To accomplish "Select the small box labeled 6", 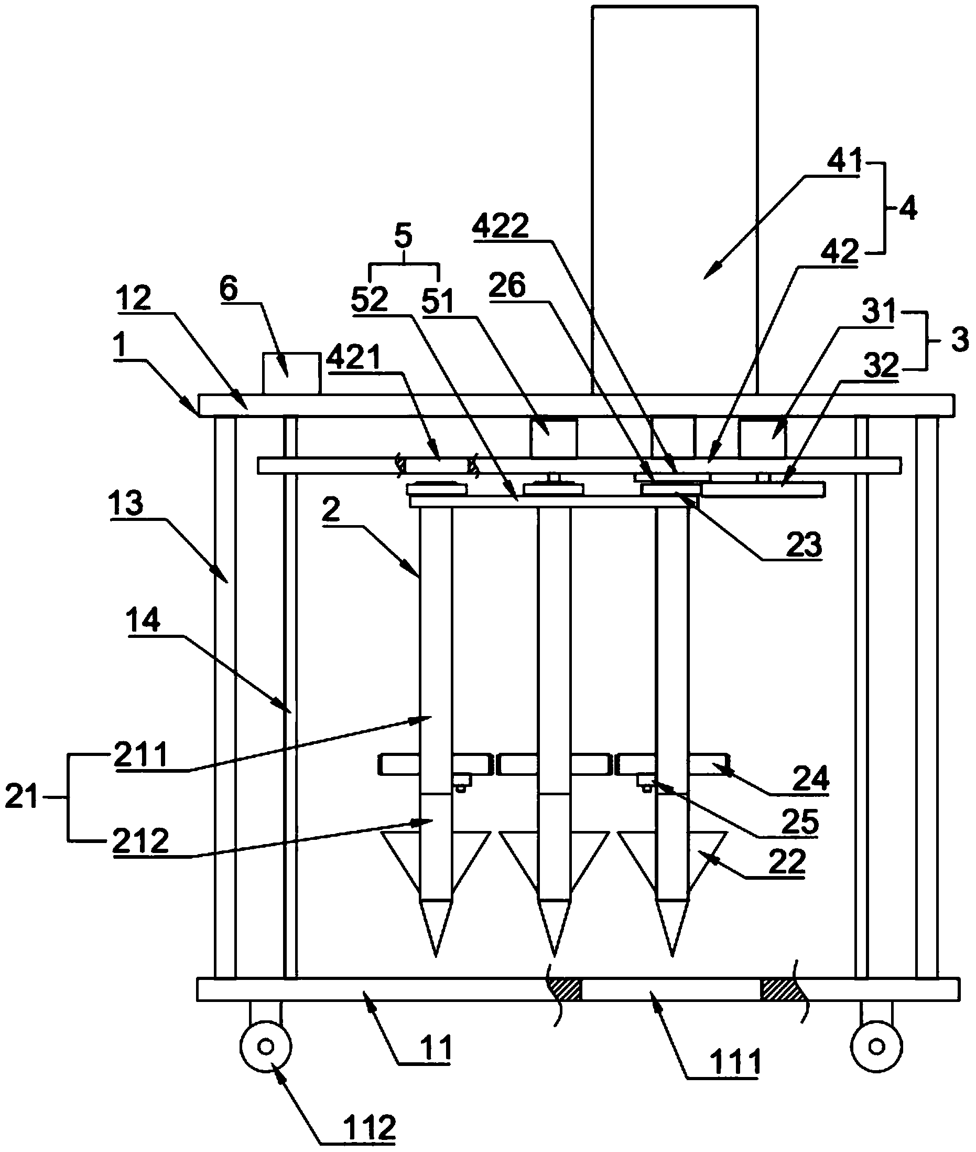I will tap(291, 374).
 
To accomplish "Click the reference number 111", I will tap(735, 1061).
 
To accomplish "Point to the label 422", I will tap(500, 227).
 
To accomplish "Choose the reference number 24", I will tap(810, 779).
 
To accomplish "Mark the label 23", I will tap(804, 545).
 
